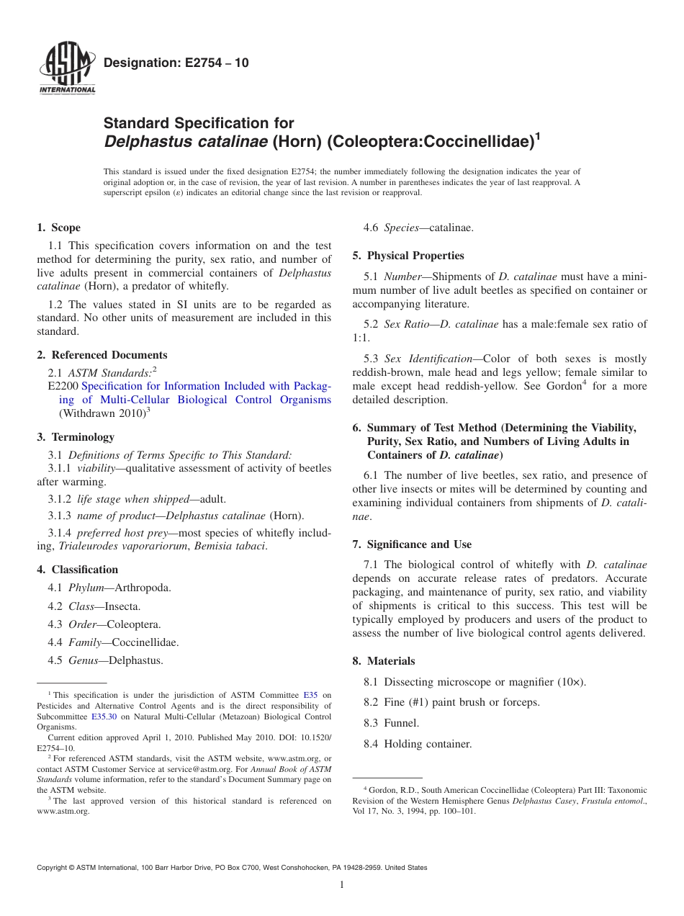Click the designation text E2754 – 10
pos(176,63)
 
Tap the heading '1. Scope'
pos(58,228)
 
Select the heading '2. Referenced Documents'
pos(102,355)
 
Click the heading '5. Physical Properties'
pos(408,256)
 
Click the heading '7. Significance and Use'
pos(412,544)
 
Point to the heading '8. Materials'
pos(384,661)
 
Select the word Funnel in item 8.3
pos(401,723)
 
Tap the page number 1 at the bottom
pos(342,884)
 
